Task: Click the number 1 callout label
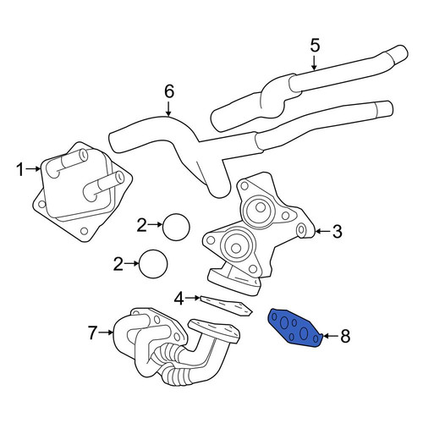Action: click(x=19, y=170)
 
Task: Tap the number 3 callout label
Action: click(x=337, y=232)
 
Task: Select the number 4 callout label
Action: click(x=179, y=299)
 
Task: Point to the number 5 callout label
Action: click(x=315, y=46)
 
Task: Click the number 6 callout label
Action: click(x=169, y=91)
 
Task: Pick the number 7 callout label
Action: click(x=92, y=332)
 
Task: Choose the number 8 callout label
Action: click(x=345, y=336)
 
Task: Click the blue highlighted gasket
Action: click(x=294, y=327)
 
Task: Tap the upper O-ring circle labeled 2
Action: click(x=176, y=227)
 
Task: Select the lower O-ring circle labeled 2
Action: click(x=153, y=264)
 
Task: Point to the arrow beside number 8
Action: click(x=331, y=336)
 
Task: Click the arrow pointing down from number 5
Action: click(x=314, y=63)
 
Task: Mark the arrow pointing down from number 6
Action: click(x=168, y=109)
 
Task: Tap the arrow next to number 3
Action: click(x=322, y=232)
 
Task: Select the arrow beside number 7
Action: click(x=106, y=332)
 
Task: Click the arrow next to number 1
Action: click(x=33, y=169)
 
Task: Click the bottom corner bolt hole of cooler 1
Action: click(x=84, y=231)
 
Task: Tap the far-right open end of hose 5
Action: click(x=403, y=52)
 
